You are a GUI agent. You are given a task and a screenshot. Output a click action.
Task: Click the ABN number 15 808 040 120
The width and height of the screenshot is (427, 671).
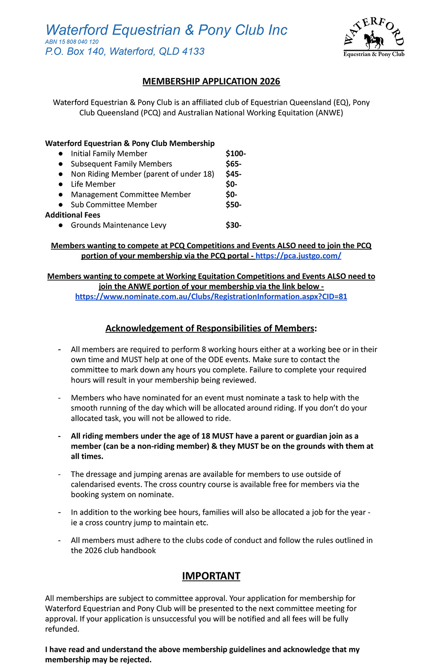pyautogui.click(x=72, y=42)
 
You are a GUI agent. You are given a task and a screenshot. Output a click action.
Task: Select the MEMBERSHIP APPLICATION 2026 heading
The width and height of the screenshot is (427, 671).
pyautogui.click(x=211, y=82)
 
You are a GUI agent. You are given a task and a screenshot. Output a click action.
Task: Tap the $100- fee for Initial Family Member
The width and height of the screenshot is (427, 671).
pyautogui.click(x=235, y=154)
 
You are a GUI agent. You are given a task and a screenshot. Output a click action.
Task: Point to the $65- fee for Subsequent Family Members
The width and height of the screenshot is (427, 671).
pyautogui.click(x=233, y=164)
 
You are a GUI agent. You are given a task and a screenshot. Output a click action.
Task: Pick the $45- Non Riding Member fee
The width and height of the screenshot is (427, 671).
pyautogui.click(x=233, y=174)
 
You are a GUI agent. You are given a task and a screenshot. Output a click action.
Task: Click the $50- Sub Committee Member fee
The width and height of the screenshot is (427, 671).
pyautogui.click(x=233, y=205)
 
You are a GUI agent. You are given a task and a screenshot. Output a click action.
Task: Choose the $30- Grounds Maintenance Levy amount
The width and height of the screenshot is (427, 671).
pyautogui.click(x=233, y=226)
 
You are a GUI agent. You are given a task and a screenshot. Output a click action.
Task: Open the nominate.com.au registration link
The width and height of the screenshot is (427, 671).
pyautogui.click(x=211, y=297)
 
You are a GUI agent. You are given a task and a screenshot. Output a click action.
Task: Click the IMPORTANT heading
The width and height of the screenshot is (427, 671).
pyautogui.click(x=211, y=576)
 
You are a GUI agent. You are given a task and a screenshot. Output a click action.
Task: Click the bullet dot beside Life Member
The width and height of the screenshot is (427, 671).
pyautogui.click(x=61, y=185)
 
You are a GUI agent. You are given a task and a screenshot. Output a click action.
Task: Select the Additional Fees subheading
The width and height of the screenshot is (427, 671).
pyautogui.click(x=73, y=215)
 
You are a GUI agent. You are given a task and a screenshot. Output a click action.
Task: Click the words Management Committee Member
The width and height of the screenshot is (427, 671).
pyautogui.click(x=131, y=195)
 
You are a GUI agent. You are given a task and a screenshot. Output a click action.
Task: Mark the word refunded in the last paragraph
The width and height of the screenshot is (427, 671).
pyautogui.click(x=61, y=629)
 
